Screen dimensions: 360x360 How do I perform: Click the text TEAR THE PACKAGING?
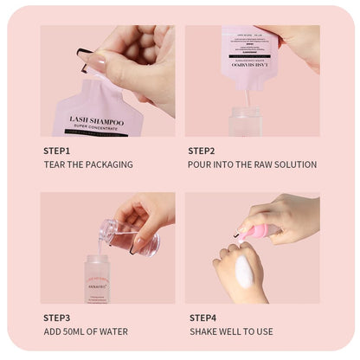(87, 164)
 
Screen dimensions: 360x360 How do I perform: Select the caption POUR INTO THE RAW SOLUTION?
(252, 164)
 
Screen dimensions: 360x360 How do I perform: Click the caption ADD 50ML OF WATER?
(86, 332)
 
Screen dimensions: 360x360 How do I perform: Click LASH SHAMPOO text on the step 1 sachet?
(92, 123)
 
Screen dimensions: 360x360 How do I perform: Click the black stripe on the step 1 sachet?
(92, 133)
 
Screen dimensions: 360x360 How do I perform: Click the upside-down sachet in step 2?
(249, 57)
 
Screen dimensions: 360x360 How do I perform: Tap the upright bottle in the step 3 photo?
(97, 279)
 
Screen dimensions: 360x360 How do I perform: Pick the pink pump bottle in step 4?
(259, 232)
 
